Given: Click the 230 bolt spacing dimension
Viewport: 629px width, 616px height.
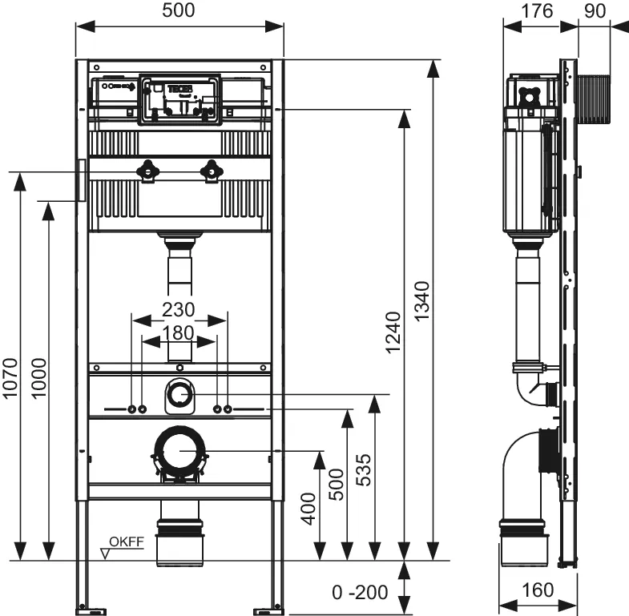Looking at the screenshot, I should point(179,308).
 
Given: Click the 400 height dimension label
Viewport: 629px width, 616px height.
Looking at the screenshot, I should point(308,506).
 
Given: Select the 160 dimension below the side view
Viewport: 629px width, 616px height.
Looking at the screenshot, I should point(538,590).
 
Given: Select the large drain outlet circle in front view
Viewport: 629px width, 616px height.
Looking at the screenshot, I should point(180,452).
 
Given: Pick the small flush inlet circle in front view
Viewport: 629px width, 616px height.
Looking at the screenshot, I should point(180,395).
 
